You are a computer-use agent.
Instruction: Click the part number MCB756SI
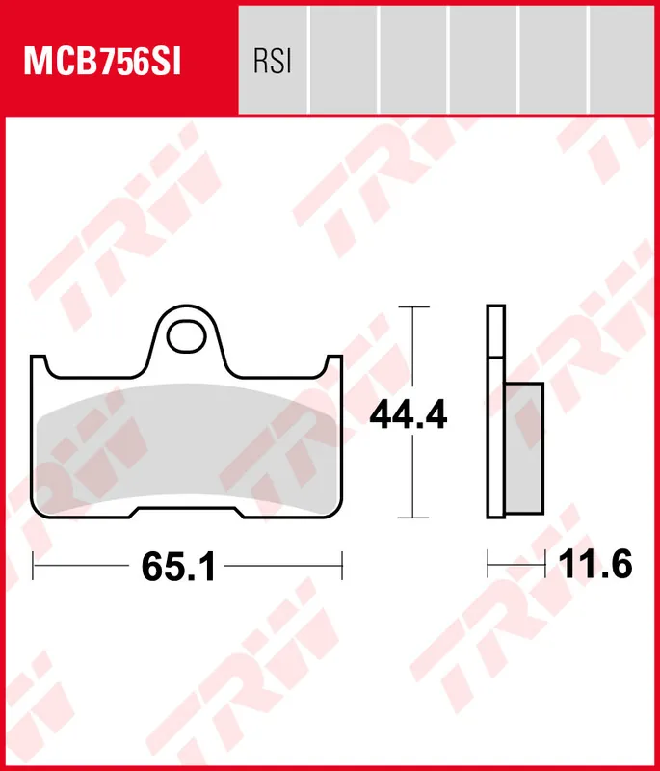click(x=103, y=63)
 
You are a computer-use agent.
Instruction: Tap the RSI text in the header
click(x=273, y=63)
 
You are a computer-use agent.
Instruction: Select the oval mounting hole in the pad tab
click(x=187, y=336)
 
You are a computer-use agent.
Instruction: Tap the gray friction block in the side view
click(x=524, y=446)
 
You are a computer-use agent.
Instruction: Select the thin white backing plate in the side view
click(x=495, y=414)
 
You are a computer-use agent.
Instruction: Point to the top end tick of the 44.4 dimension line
click(x=412, y=307)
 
